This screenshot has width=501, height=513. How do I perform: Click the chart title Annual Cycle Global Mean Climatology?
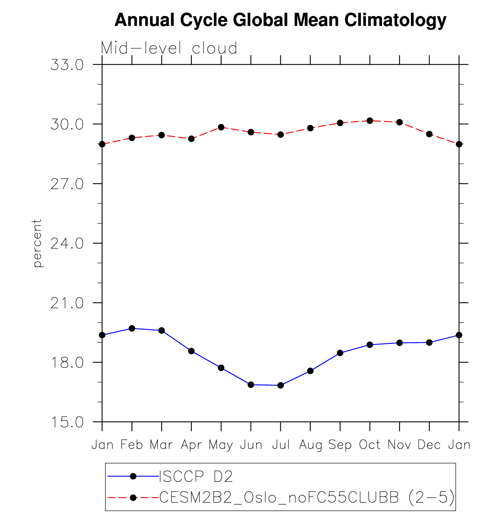[x=280, y=20]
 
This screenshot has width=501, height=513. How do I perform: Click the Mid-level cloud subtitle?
[x=169, y=48]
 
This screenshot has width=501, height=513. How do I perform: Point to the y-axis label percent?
[x=37, y=243]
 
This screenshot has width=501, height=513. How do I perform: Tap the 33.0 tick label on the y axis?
[x=67, y=65]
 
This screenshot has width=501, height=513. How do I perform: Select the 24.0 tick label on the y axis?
[x=67, y=244]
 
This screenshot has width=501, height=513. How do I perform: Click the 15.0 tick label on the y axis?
[x=67, y=422]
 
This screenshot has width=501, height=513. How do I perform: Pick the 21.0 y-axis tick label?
[x=67, y=303]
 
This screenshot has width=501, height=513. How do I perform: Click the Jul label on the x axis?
[x=281, y=445]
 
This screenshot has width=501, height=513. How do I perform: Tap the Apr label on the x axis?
[x=191, y=445]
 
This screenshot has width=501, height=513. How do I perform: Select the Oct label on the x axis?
[x=370, y=445]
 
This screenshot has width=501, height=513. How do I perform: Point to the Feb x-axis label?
[x=132, y=445]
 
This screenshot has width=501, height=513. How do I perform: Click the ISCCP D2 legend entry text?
[x=196, y=476]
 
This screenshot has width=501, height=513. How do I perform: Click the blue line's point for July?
[x=281, y=386]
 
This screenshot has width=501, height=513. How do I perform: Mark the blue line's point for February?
[x=132, y=329]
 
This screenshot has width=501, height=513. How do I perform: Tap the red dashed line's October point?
[x=370, y=121]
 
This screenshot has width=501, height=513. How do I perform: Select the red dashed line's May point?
[x=221, y=127]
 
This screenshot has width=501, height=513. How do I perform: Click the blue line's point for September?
[x=340, y=353]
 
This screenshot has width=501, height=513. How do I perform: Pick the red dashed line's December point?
[x=429, y=134]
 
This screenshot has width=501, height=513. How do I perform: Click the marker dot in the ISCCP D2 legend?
[x=133, y=476]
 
